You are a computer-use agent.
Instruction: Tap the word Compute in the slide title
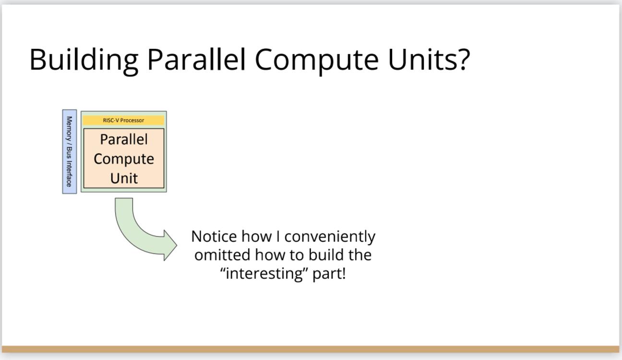click(x=317, y=61)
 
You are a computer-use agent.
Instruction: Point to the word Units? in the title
click(x=429, y=59)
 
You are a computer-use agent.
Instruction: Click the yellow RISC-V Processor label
click(x=123, y=120)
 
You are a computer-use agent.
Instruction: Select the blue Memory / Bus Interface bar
click(x=70, y=152)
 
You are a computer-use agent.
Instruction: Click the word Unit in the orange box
click(x=124, y=178)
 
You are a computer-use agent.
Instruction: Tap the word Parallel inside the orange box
click(x=124, y=139)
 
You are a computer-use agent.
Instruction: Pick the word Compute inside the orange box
click(x=124, y=159)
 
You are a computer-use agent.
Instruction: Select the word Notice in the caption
click(x=214, y=236)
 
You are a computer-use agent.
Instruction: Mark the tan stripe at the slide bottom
click(x=311, y=349)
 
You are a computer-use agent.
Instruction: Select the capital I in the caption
click(x=278, y=237)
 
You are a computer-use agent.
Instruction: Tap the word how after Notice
click(x=256, y=236)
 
